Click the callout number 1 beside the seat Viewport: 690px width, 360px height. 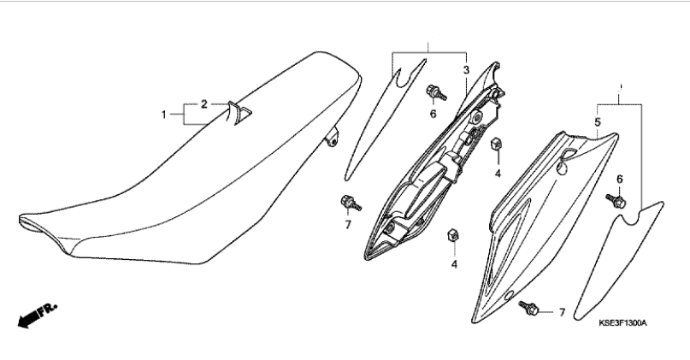[x=163, y=115]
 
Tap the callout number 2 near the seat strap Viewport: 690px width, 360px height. [x=204, y=104]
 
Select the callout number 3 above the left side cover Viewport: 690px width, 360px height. [x=466, y=69]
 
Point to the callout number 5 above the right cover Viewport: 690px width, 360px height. [x=597, y=122]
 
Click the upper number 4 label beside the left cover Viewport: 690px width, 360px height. [x=498, y=174]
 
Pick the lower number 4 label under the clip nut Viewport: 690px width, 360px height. [x=454, y=264]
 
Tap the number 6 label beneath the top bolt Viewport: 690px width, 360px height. [x=433, y=114]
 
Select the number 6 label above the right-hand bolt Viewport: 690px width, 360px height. [x=620, y=179]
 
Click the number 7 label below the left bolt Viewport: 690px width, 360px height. [x=348, y=225]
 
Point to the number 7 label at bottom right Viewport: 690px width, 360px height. [x=562, y=312]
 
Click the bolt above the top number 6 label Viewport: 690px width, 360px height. [x=436, y=93]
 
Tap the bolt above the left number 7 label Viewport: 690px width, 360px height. [x=351, y=203]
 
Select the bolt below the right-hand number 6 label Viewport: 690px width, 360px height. [x=616, y=201]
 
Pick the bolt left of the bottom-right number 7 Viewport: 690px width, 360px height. [x=529, y=308]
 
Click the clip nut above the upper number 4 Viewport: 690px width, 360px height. [x=497, y=144]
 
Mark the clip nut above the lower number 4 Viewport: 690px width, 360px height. [x=453, y=235]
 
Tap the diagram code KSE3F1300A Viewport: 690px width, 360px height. [x=622, y=323]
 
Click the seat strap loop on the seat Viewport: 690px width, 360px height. [x=238, y=113]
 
